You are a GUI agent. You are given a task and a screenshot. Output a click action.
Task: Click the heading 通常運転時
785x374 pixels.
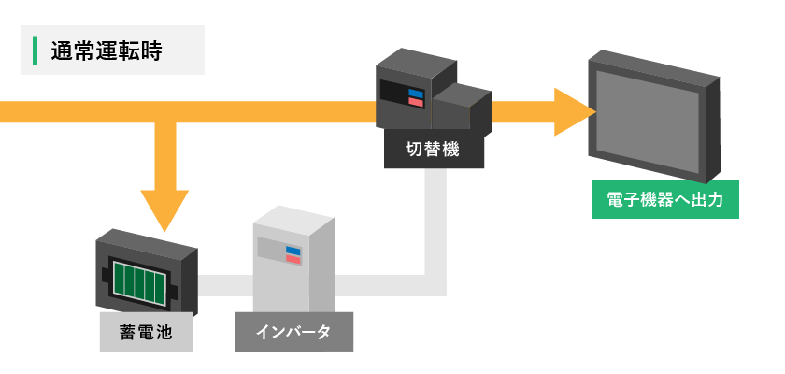pos(107,51)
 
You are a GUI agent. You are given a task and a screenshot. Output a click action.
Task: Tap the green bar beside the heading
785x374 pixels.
pos(35,51)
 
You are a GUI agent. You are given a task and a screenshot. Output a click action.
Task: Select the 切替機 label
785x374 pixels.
pos(434,149)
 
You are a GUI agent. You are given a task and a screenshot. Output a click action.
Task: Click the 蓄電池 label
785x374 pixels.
pos(145,332)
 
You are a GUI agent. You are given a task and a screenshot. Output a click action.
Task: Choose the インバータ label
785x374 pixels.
pos(293,332)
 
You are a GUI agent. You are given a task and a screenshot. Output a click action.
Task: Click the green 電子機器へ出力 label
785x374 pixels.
pos(665,199)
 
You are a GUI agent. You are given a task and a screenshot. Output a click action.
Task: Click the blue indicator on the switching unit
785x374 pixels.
pos(416,93)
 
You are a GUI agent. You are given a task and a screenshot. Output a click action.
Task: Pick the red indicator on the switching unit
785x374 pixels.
pos(416,102)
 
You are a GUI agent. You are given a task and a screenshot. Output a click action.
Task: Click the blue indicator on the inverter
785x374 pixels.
pos(293,250)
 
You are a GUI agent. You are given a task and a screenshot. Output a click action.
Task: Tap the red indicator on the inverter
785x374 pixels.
pos(293,259)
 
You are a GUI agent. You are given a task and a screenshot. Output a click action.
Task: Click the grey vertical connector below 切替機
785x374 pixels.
pos(435,224)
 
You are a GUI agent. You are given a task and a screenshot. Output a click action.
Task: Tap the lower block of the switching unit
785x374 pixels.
pos(462,112)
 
